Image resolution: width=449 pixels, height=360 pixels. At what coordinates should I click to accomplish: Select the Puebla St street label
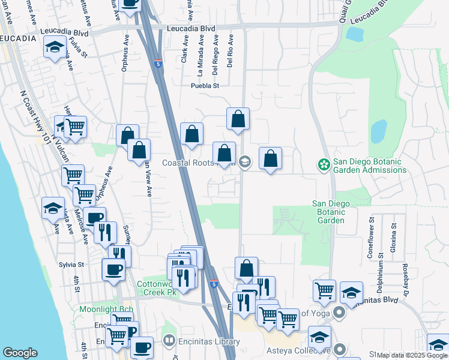click(x=205, y=86)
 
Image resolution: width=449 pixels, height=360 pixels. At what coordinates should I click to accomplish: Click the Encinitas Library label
click(x=210, y=342)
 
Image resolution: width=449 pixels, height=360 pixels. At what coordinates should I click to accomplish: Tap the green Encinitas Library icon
click(x=170, y=342)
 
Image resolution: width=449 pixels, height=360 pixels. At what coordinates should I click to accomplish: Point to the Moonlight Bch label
click(x=106, y=309)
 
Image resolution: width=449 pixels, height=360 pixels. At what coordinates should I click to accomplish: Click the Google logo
click(x=20, y=353)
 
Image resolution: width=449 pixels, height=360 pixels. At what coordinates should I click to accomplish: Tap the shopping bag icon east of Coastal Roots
click(x=270, y=159)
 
